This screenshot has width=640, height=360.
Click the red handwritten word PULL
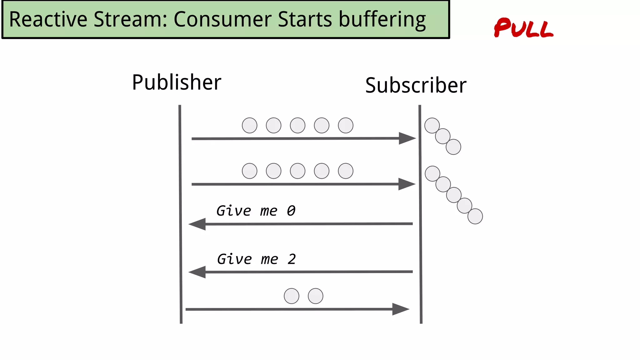coord(523,28)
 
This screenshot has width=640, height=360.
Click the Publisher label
coord(177,82)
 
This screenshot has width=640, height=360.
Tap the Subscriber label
coord(416,85)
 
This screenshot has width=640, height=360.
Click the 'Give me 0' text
coord(256,211)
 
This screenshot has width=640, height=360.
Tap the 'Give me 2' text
coord(256,259)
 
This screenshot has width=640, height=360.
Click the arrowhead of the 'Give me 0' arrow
coord(197,224)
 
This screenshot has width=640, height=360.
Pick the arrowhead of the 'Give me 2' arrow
coord(197,272)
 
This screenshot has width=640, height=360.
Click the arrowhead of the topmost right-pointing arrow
coord(407,138)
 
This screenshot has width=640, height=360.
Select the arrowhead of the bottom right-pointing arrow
coord(400,309)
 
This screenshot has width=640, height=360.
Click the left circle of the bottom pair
coord(292,296)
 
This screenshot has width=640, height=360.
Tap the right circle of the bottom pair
coord(316,296)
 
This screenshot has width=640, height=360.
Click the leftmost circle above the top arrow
coord(250,125)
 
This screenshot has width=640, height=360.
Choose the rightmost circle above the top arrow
coord(346,125)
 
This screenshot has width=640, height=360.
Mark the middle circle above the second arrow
coord(297,171)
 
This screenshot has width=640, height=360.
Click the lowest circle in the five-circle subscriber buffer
coord(475,216)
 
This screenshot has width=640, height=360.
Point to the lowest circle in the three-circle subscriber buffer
coord(453,147)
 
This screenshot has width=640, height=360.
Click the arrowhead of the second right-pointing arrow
coord(406,184)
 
